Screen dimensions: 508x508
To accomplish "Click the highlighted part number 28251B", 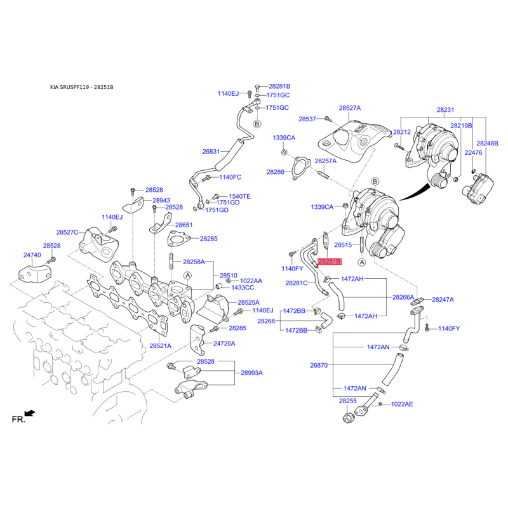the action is [330, 261].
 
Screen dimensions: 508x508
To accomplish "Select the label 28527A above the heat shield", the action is [350, 108].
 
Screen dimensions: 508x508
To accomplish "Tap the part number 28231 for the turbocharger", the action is [445, 110].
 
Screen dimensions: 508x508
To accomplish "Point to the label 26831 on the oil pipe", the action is [211, 151].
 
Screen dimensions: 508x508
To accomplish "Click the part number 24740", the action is [32, 255].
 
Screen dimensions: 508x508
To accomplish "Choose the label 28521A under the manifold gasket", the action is [161, 345].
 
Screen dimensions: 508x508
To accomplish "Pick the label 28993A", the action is [251, 373].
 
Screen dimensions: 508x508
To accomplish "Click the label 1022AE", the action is [402, 404].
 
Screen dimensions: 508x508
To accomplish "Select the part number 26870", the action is [319, 365].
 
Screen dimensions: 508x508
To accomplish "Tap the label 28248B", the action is [487, 144].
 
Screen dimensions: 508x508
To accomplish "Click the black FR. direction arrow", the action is [30, 413].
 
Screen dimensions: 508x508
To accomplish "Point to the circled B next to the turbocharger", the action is [375, 182].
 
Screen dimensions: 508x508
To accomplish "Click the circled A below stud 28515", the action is [362, 262].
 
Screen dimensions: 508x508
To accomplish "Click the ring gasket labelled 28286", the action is [299, 168].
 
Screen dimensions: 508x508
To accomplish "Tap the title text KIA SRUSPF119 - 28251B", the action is [82, 87].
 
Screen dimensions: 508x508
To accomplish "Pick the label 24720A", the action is [224, 344].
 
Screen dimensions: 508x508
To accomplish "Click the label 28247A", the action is [443, 300].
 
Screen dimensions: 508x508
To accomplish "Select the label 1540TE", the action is [239, 196].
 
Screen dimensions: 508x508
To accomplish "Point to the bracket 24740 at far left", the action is [35, 274].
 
